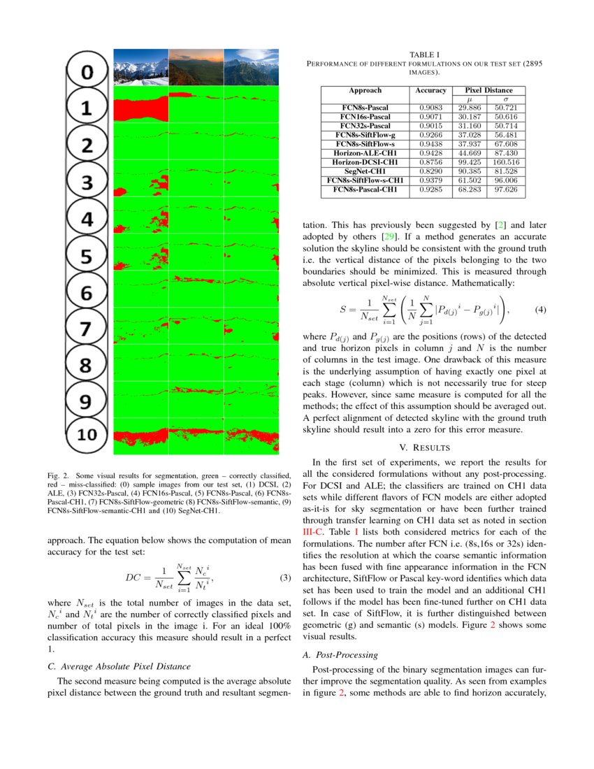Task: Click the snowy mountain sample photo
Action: pyautogui.click(x=140, y=66)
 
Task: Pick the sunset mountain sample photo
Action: pyautogui.click(x=196, y=66)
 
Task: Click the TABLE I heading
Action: pyautogui.click(x=424, y=55)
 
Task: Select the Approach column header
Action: pyautogui.click(x=365, y=90)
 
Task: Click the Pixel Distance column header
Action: pyautogui.click(x=489, y=90)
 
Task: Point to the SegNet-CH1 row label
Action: pyautogui.click(x=365, y=171)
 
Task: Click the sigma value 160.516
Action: pyautogui.click(x=505, y=162)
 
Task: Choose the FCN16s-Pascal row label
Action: pyautogui.click(x=365, y=117)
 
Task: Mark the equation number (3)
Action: pyautogui.click(x=284, y=577)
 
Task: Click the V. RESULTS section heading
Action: pyautogui.click(x=424, y=447)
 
